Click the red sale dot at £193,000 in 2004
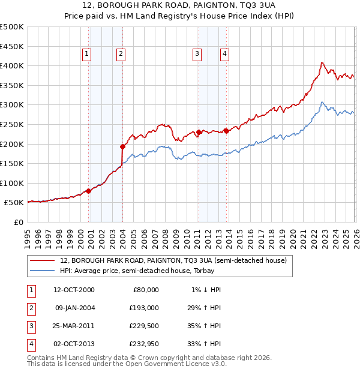tap(122, 146)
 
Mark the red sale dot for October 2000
tap(88, 191)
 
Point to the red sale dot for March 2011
tap(199, 132)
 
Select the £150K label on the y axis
tap(12, 163)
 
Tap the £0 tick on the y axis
tap(18, 222)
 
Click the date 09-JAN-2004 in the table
tap(75, 308)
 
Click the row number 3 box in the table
tap(30, 326)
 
